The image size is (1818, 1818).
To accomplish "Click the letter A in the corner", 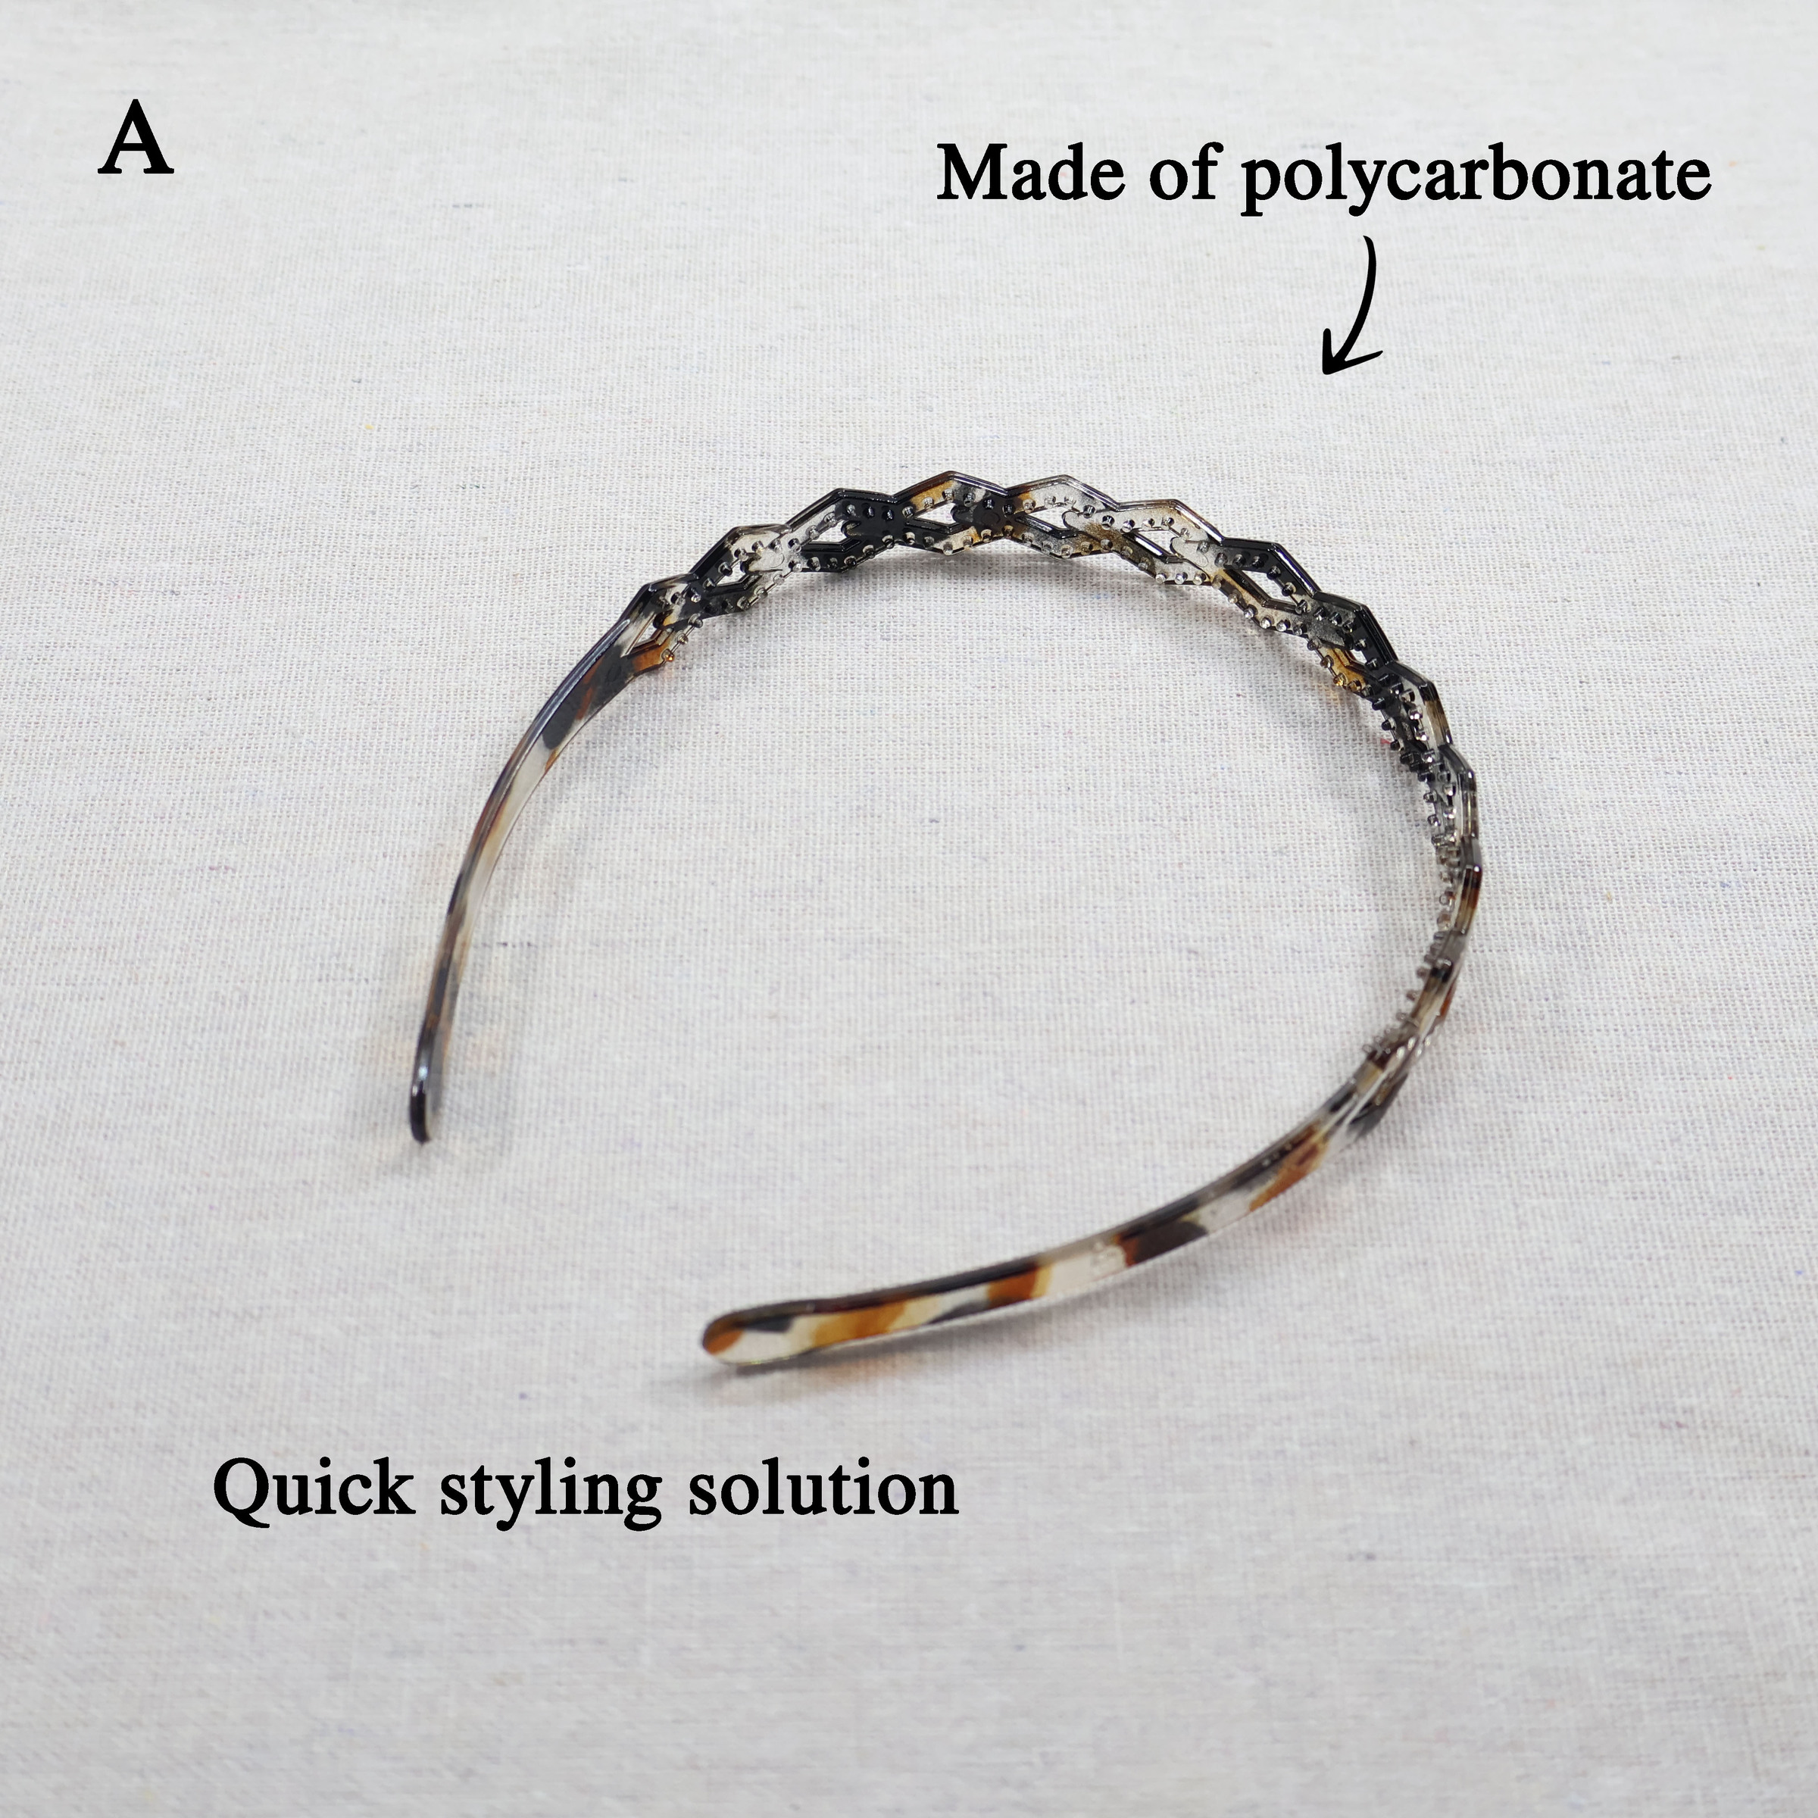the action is click(x=136, y=140).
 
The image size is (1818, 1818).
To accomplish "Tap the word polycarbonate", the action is click(x=1476, y=181).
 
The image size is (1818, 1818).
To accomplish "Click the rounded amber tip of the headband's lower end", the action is click(x=719, y=1334).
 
